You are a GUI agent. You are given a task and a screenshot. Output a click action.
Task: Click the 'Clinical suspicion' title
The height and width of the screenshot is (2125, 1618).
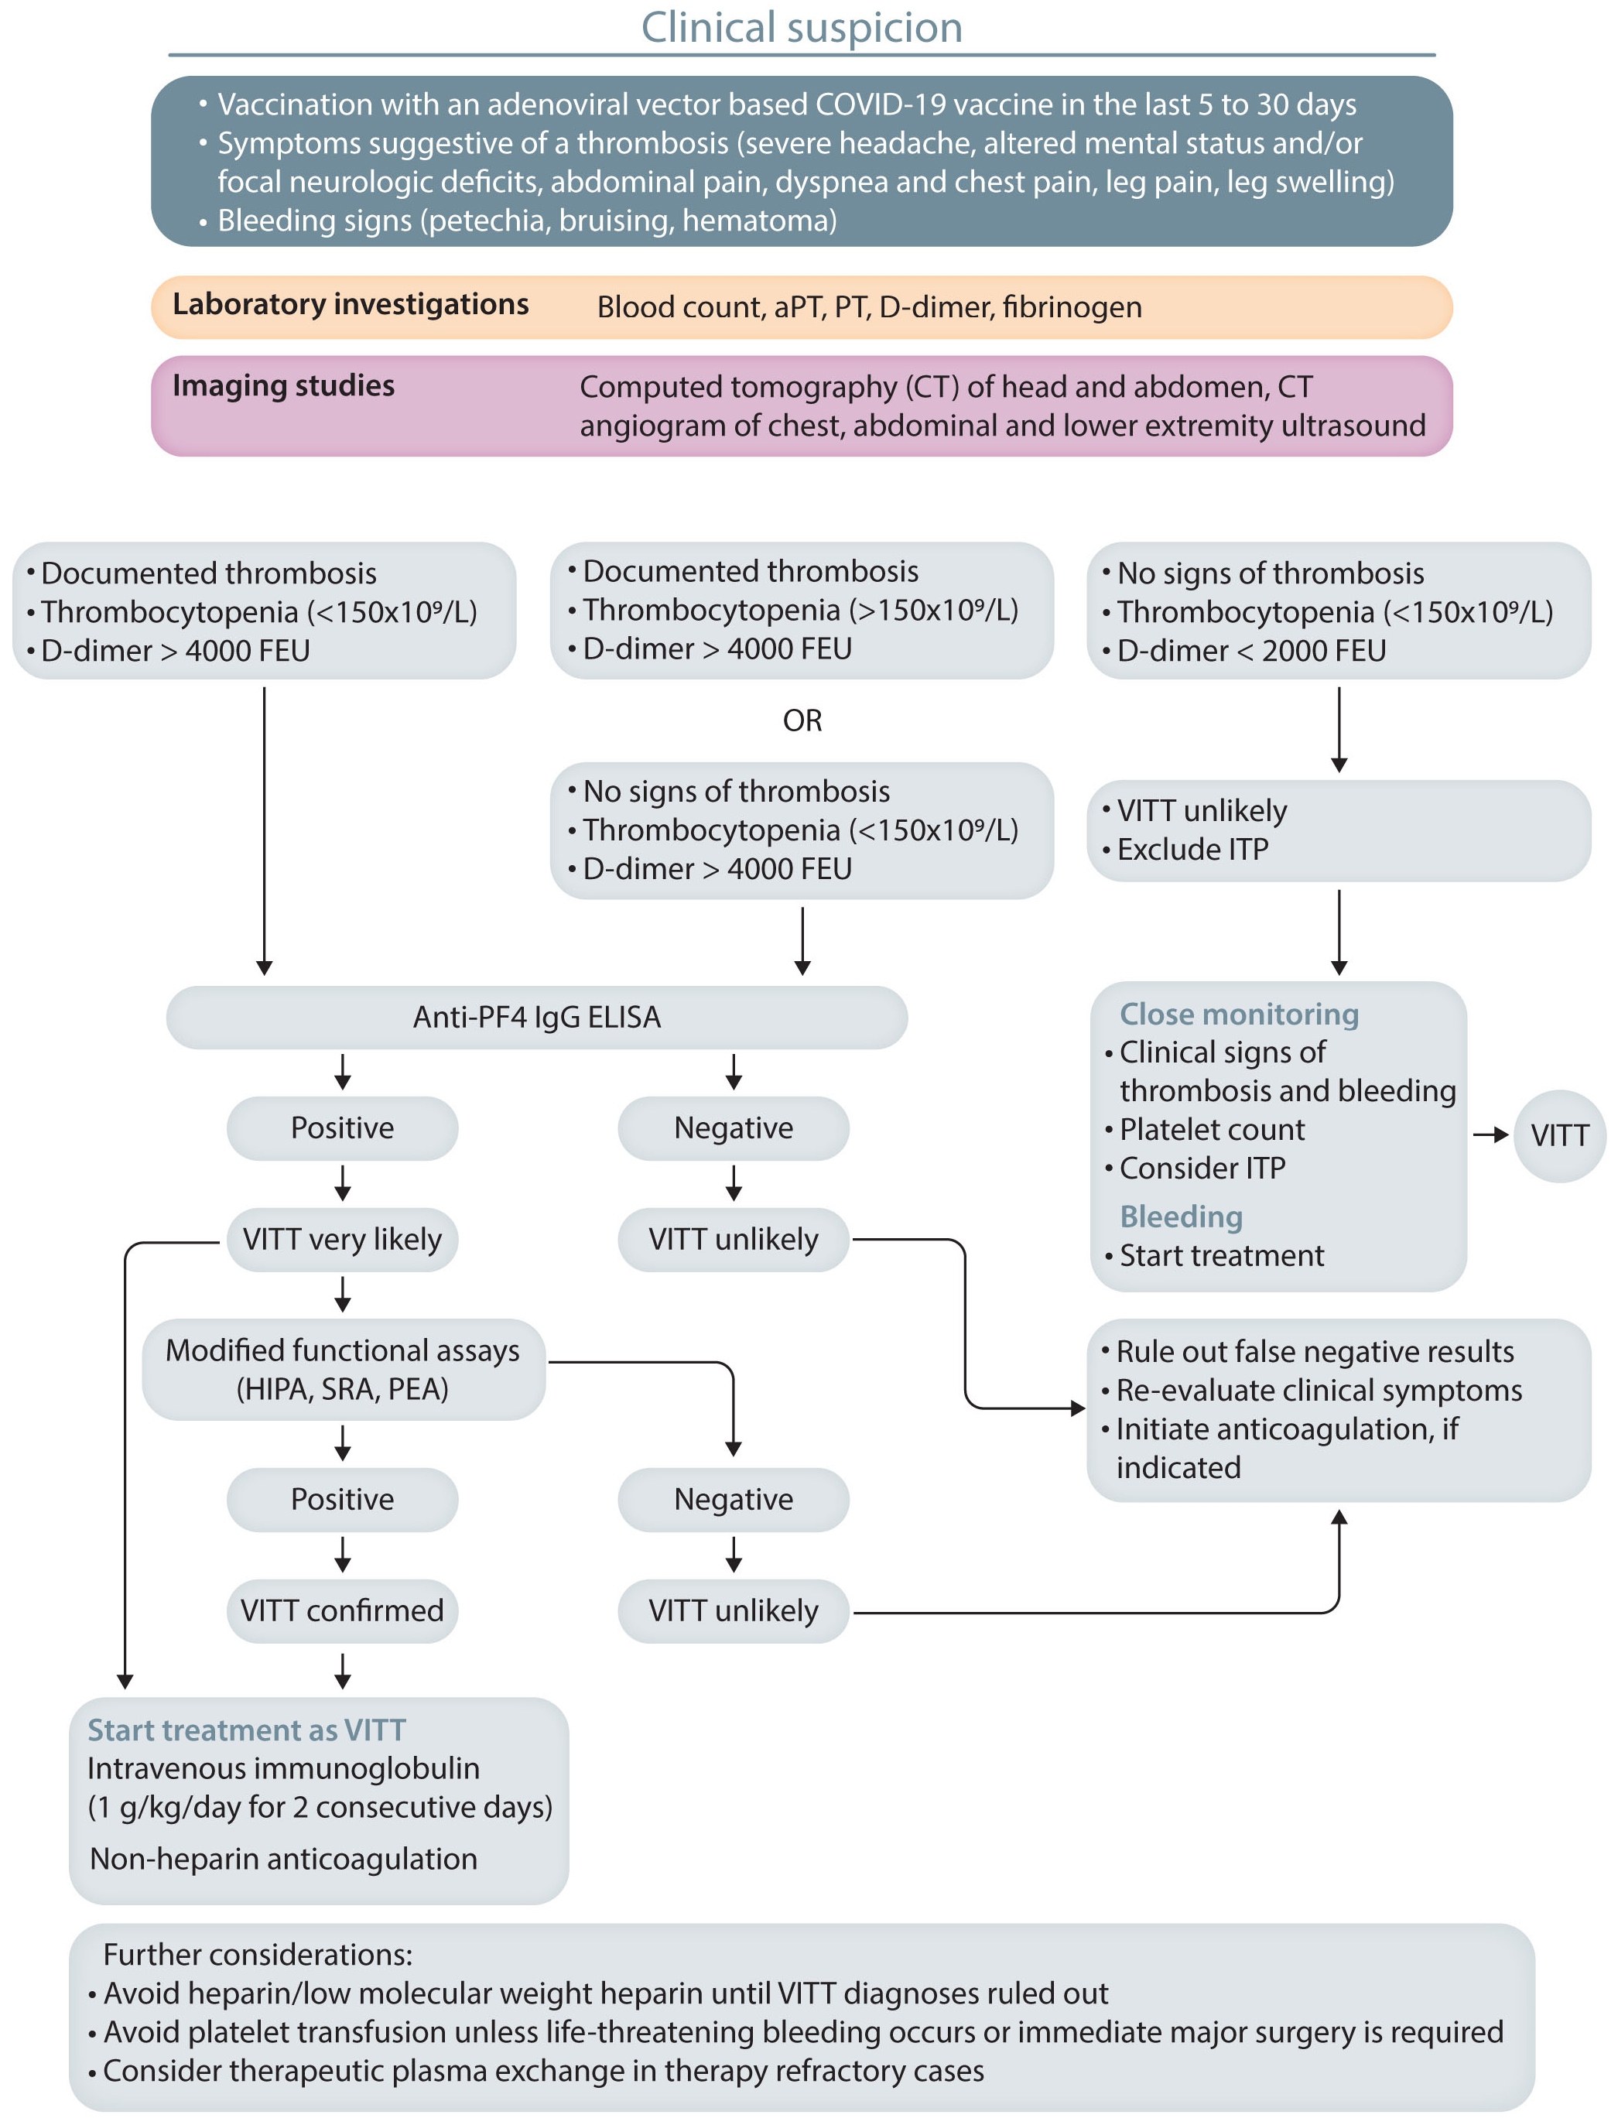tap(802, 27)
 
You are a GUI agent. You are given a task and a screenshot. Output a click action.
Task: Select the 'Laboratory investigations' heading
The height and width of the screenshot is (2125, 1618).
tap(351, 304)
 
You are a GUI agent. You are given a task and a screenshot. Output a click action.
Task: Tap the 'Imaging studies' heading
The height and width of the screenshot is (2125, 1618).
tap(283, 386)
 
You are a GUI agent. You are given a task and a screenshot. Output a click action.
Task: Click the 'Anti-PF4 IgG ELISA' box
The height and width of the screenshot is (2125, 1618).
tap(536, 1017)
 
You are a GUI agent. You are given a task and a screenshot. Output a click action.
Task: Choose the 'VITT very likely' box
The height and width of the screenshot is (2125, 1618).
tap(342, 1239)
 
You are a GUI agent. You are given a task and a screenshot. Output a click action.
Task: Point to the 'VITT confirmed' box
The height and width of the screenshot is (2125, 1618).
tap(342, 1610)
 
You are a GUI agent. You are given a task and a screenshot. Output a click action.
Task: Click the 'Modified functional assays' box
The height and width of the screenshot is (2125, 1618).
tap(343, 1369)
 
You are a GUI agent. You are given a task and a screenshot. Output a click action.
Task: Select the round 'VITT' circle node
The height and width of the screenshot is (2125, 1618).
tap(1559, 1136)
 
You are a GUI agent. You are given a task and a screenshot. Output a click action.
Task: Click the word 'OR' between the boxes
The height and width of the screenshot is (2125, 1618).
tap(802, 720)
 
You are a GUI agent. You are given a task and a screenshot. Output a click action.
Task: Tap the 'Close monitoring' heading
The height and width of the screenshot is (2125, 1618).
tap(1239, 1015)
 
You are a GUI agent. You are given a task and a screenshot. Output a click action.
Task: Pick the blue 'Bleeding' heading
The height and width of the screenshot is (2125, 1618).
tap(1181, 1216)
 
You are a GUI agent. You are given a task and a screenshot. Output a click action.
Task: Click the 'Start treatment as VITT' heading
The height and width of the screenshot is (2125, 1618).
tap(247, 1730)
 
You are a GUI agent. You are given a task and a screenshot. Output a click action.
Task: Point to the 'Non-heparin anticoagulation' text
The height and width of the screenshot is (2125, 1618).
tap(283, 1858)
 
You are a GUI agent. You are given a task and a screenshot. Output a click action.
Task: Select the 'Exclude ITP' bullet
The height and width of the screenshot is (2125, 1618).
tap(1192, 850)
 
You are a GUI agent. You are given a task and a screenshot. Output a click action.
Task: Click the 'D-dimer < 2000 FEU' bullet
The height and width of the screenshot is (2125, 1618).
tap(1251, 651)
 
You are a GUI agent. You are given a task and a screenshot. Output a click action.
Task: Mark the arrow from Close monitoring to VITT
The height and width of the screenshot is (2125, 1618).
tap(1491, 1136)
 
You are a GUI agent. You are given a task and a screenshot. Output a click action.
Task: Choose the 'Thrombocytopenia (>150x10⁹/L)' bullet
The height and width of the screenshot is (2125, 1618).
tap(800, 610)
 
